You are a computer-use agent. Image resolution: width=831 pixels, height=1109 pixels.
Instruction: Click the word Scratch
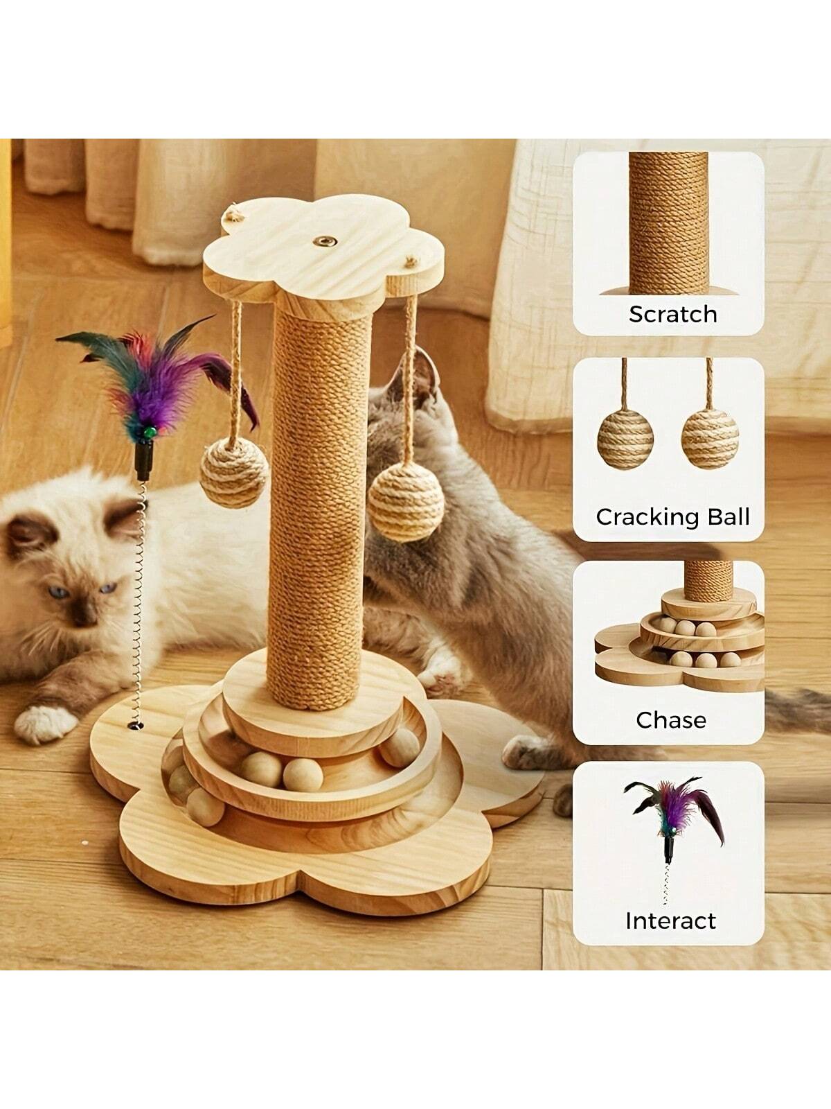(672, 314)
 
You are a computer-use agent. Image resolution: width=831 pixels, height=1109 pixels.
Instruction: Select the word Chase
(670, 720)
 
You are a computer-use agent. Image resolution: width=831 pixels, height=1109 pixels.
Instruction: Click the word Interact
(670, 921)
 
